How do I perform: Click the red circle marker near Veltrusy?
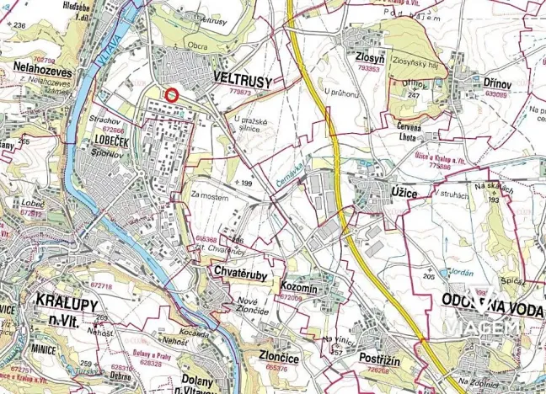pyautogui.click(x=171, y=95)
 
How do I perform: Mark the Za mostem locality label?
pyautogui.click(x=209, y=196)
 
